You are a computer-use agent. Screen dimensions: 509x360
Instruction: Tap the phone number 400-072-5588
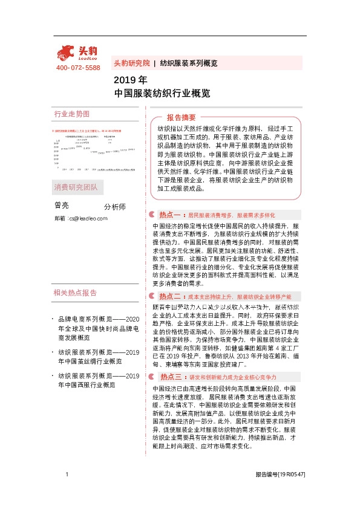(77, 68)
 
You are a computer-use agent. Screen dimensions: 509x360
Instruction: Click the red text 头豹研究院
(132, 63)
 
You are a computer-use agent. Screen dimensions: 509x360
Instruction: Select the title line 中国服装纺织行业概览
(162, 94)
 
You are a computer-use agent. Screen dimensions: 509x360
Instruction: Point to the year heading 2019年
(130, 80)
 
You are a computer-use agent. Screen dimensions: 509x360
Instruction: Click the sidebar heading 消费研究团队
(75, 187)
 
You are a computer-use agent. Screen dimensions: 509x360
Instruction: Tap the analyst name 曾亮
(62, 206)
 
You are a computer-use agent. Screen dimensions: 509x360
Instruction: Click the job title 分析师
(115, 207)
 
